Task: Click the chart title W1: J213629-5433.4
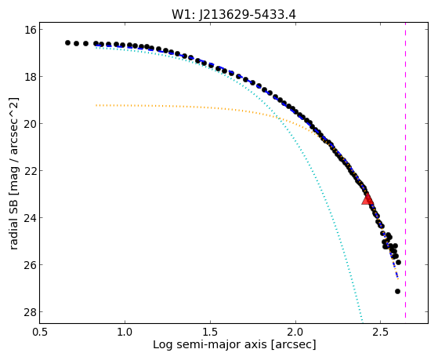[233, 14]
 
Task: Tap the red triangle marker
[367, 199]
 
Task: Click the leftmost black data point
[67, 43]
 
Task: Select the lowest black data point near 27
[397, 292]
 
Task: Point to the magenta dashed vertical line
[405, 173]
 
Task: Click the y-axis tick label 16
[30, 30]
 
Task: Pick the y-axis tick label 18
[30, 77]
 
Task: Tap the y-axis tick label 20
[30, 124]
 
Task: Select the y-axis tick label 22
[30, 171]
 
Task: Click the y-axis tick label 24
[30, 217]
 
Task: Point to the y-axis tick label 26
[30, 264]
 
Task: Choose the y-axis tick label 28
[30, 311]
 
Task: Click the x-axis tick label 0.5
[40, 332]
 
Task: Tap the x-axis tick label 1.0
[125, 332]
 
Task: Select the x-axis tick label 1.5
[210, 332]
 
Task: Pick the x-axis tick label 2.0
[295, 332]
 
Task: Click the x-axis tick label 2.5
[381, 332]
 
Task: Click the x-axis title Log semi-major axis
[209, 344]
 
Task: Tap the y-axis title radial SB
[13, 220]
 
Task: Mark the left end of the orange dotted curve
[96, 105]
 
